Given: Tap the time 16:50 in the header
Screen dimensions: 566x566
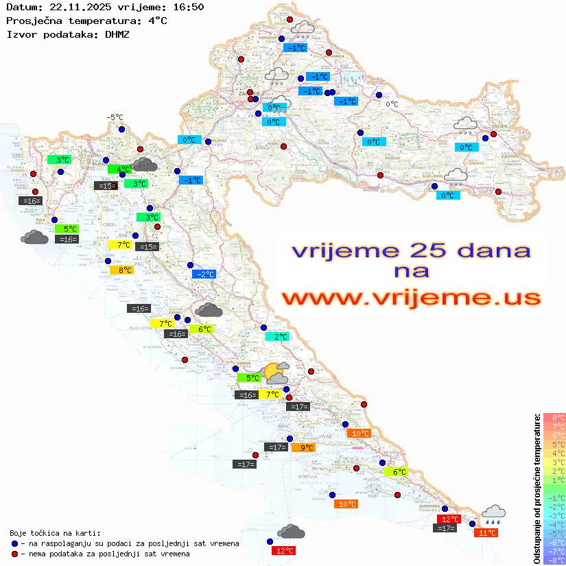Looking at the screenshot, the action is click(189, 7).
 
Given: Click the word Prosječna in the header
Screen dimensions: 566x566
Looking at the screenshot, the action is click(32, 20).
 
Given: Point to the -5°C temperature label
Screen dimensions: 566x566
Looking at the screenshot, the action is click(114, 117).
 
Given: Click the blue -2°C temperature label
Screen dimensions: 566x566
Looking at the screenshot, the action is click(205, 274).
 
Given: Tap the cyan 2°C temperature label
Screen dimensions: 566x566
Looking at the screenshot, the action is click(277, 337).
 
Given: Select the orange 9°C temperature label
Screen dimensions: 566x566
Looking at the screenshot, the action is click(303, 447).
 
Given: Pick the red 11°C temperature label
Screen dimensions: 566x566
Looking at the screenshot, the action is click(487, 532).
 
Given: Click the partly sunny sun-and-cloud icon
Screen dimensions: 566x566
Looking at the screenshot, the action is click(276, 373).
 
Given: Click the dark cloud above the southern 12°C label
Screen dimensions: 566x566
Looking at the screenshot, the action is click(292, 532).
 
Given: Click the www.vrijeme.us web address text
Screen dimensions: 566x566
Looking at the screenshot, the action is click(411, 298).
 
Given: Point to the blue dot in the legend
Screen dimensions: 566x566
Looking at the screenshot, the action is click(15, 543).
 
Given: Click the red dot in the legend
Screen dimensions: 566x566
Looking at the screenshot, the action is click(15, 554).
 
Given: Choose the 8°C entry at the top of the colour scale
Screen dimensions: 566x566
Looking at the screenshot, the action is click(554, 417).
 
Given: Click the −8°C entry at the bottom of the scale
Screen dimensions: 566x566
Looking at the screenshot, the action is click(554, 560).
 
